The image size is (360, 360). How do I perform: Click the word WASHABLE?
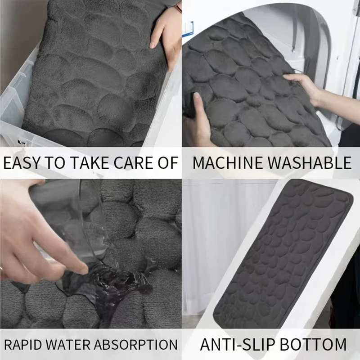[x=310, y=162]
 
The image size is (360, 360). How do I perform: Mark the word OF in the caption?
[x=168, y=162]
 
